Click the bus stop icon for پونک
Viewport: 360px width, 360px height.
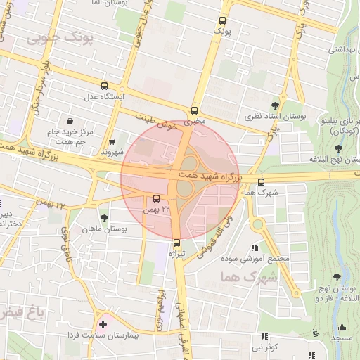[x=223, y=20]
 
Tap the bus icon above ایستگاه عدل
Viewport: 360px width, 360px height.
[x=105, y=84]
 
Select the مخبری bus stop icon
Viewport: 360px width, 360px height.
[x=195, y=110]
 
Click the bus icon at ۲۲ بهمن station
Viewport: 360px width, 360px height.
[x=156, y=198]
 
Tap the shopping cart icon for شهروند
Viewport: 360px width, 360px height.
[x=112, y=141]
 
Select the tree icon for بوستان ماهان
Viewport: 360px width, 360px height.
[x=105, y=218]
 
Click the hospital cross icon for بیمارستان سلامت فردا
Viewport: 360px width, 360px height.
[x=104, y=324]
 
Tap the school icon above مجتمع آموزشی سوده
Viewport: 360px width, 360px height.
[x=254, y=247]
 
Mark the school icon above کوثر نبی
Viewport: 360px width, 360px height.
[x=265, y=337]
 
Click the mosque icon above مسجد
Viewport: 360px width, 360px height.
[x=342, y=327]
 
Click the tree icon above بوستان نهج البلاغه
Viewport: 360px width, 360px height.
[x=338, y=148]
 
